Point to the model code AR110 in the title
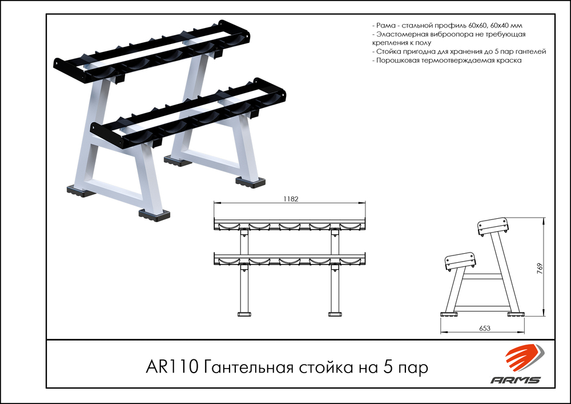pyautogui.click(x=172, y=367)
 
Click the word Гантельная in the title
pyautogui.click(x=248, y=367)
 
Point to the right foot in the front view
pyautogui.click(x=334, y=314)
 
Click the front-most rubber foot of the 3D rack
pyautogui.click(x=154, y=214)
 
